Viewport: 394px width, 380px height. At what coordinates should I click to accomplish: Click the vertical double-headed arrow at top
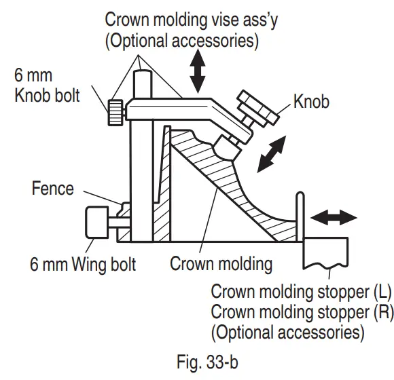pyautogui.click(x=198, y=71)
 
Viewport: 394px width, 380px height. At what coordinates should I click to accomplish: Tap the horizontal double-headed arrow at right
pyautogui.click(x=334, y=218)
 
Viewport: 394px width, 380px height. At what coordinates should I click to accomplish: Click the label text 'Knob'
pyautogui.click(x=311, y=102)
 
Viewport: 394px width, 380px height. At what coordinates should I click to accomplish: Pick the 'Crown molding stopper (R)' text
pyautogui.click(x=302, y=312)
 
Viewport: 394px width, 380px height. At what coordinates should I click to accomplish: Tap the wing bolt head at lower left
pyautogui.click(x=94, y=222)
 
